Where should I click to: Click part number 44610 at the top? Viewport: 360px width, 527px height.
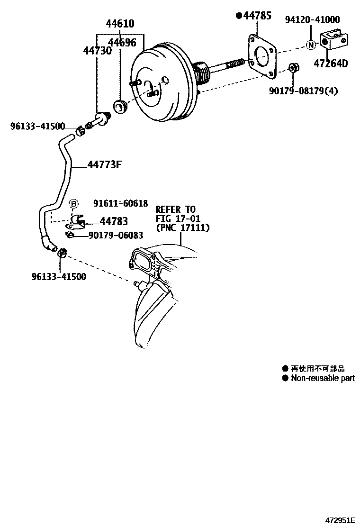pos(120,24)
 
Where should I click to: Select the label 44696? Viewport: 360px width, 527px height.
pos(122,43)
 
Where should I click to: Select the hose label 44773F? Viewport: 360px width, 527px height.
pos(105,165)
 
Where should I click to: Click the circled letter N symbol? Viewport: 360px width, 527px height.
pos(310,45)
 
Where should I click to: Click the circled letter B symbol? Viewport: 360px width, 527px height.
pos(74,204)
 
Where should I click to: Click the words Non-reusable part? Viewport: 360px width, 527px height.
pos(322,378)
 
